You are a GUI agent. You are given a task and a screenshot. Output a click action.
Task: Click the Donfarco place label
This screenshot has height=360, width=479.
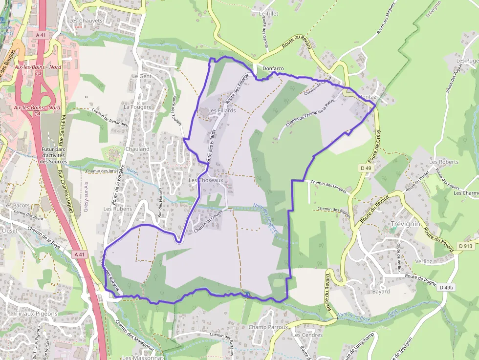273,69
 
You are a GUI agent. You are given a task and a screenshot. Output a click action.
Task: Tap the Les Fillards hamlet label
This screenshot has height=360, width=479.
222,111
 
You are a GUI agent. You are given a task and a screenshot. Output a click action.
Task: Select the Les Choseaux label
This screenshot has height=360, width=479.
206,180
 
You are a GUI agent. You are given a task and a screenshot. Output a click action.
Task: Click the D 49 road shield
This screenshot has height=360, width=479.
366,168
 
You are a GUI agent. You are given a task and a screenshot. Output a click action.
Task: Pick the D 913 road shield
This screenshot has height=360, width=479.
466,246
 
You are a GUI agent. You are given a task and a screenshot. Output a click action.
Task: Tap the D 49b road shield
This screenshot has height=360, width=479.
446,288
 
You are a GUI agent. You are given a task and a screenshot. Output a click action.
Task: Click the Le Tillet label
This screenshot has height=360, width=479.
268,14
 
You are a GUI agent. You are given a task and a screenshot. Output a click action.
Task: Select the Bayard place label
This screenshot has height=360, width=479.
381,292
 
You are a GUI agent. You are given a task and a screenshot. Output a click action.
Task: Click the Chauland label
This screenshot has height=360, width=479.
137,148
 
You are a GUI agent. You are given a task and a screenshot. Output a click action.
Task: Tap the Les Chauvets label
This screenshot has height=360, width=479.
86,21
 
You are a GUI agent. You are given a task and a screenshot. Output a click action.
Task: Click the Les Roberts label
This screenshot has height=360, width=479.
444,162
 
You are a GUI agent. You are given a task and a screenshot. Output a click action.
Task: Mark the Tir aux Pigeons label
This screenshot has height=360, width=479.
36,314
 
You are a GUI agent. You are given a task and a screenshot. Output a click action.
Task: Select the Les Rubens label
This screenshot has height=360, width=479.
114,209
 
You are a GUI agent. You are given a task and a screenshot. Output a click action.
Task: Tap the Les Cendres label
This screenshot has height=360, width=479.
307,335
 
